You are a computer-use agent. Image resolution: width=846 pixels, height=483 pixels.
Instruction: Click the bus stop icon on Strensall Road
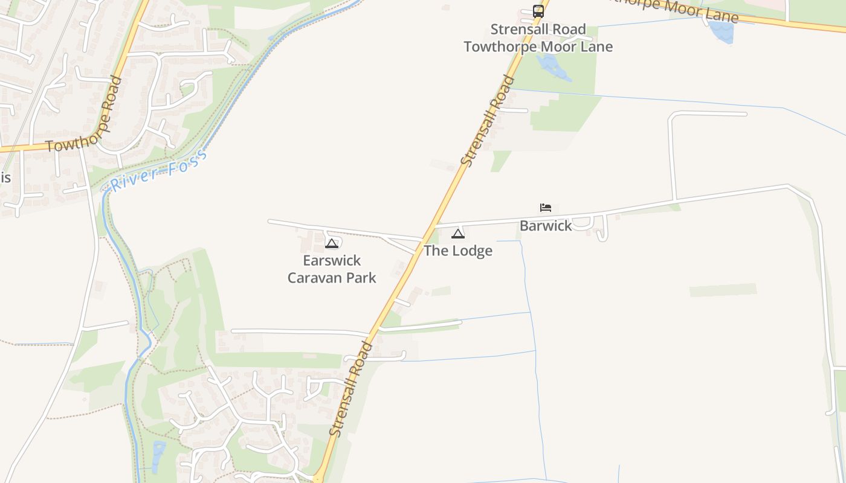pyautogui.click(x=538, y=11)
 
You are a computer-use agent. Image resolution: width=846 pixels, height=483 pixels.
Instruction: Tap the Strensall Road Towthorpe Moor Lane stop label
pyautogui.click(x=538, y=38)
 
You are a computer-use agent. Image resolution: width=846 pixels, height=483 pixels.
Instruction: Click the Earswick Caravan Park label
pyautogui.click(x=332, y=269)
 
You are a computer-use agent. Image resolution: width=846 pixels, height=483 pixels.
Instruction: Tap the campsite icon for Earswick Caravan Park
pyautogui.click(x=331, y=243)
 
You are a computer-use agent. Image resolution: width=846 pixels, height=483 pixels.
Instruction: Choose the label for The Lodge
pyautogui.click(x=458, y=251)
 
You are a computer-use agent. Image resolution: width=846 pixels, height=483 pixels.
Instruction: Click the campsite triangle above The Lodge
pyautogui.click(x=458, y=234)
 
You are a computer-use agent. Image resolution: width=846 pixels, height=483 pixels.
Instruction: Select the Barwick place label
pyautogui.click(x=546, y=226)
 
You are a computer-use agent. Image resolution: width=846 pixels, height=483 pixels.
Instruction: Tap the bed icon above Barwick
pyautogui.click(x=546, y=208)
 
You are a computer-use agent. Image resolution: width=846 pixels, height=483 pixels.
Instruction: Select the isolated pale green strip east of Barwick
pyautogui.click(x=723, y=290)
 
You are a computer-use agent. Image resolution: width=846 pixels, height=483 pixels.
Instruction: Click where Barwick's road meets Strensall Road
pyautogui.click(x=434, y=226)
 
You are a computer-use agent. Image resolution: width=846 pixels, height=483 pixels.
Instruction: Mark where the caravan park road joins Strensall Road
pyautogui.click(x=424, y=238)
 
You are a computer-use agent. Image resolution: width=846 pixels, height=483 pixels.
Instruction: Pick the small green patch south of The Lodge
pyautogui.click(x=441, y=291)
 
